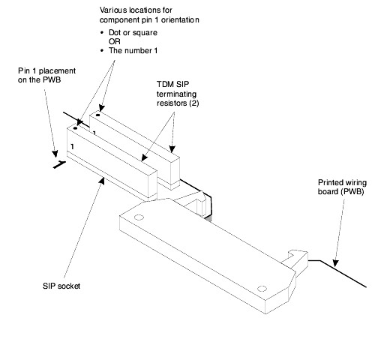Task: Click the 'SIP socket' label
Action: tap(61, 286)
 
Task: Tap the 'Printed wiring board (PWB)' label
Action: tap(342, 187)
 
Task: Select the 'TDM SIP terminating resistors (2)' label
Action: tap(178, 94)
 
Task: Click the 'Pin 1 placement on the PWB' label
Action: tap(46, 75)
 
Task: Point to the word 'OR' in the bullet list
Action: tap(115, 41)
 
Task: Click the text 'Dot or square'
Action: tap(133, 32)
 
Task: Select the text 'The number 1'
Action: tap(133, 50)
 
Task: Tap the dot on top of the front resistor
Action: tap(75, 128)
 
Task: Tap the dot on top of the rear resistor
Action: tap(97, 115)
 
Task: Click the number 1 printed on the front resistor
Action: tap(72, 146)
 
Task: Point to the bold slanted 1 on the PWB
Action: tap(59, 164)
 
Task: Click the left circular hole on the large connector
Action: tap(139, 217)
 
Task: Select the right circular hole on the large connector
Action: tap(262, 289)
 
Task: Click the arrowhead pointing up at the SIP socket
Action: tap(101, 181)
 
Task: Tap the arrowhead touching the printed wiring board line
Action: tap(335, 263)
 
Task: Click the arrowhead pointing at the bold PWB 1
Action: tap(55, 154)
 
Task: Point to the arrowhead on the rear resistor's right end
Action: tap(172, 149)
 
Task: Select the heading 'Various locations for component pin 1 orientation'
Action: tap(149, 15)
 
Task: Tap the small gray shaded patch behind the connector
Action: tap(208, 218)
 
